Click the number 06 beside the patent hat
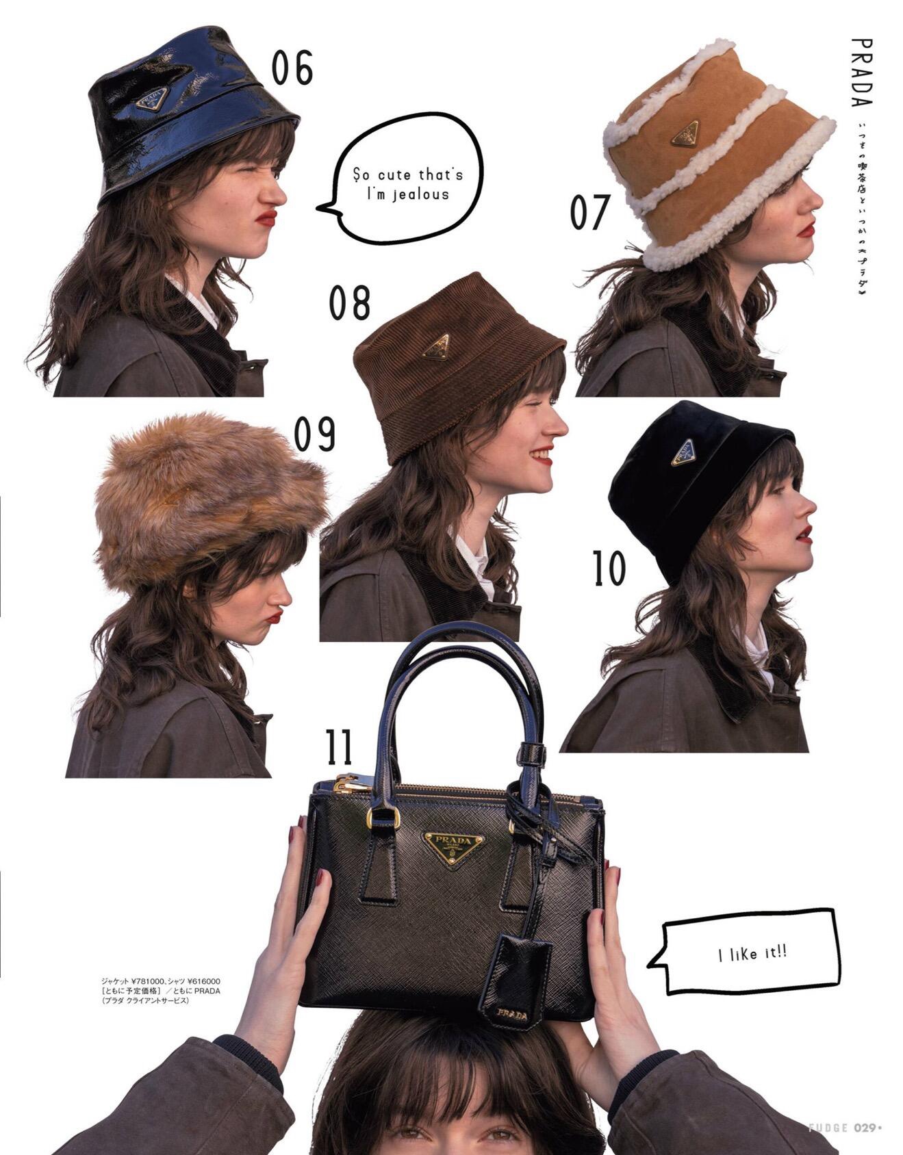(x=292, y=68)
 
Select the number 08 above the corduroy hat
(x=349, y=303)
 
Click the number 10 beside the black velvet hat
(x=609, y=569)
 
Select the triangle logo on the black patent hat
(x=152, y=99)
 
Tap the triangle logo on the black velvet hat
(x=683, y=452)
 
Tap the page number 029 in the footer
(x=865, y=1128)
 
